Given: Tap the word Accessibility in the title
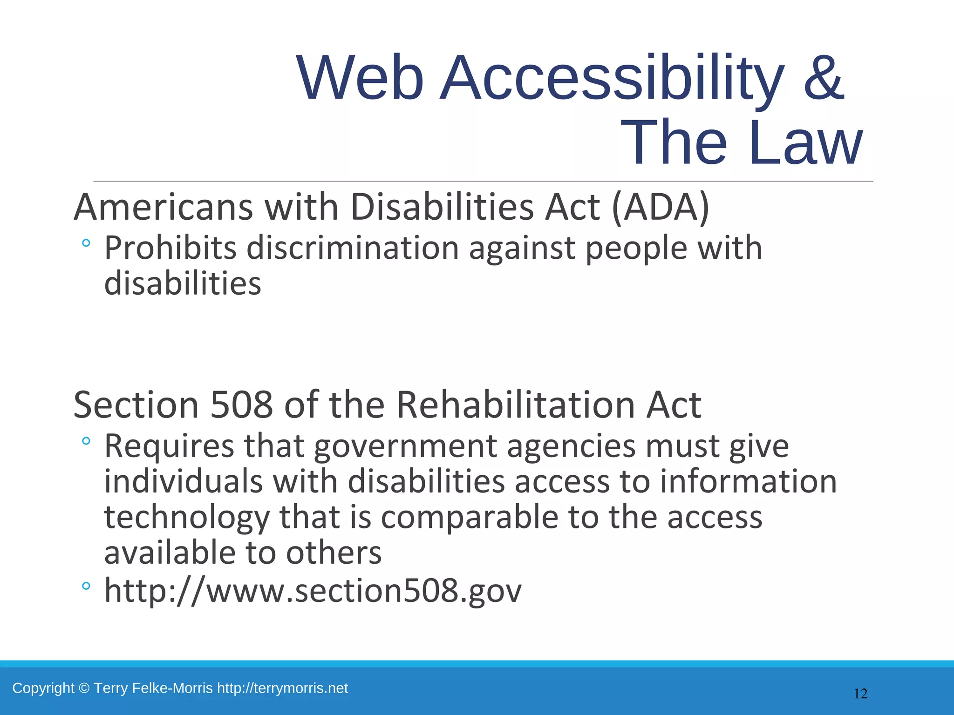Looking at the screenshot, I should point(612,78).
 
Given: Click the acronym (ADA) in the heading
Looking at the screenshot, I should point(661,207).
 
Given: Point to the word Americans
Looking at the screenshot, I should point(164,207).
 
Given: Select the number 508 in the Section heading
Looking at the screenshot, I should point(241,405).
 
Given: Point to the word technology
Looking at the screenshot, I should point(187,518).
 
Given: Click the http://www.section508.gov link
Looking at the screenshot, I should point(313,590).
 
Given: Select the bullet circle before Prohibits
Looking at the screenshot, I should point(86,243).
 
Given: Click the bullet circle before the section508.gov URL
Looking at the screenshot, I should point(86,586).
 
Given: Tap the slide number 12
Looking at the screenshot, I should point(860,694).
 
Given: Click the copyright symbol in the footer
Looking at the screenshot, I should point(84,688).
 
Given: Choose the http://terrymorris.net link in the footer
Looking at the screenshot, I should point(282,688).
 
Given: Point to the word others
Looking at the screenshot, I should point(334,553).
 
